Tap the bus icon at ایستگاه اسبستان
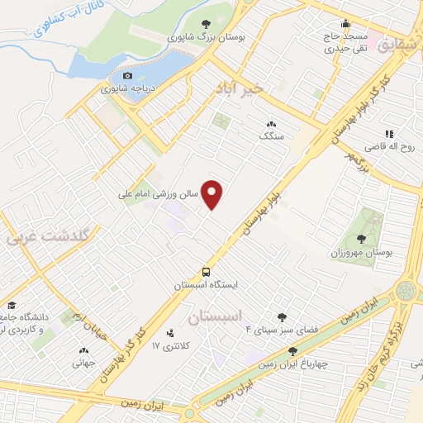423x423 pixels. click(207, 272)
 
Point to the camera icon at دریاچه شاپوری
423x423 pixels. click(126, 76)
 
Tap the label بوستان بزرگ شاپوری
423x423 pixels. click(195, 37)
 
